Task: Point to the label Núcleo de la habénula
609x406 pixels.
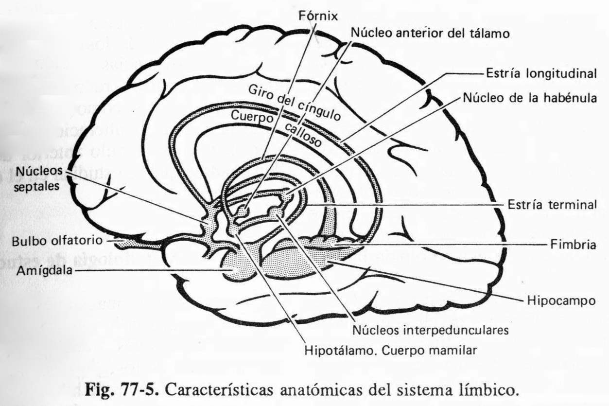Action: (x=529, y=98)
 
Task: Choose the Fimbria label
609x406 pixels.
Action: (x=574, y=245)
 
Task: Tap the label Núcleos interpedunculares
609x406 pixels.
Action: (x=430, y=330)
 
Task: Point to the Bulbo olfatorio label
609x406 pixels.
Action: (x=57, y=240)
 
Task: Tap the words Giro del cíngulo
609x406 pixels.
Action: (x=294, y=104)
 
